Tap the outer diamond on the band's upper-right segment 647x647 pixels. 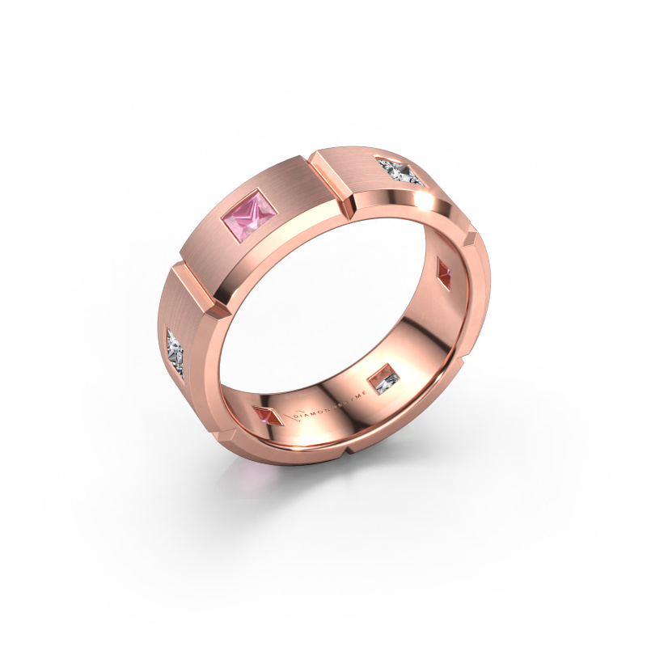tap(402, 172)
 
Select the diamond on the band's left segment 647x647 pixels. tap(176, 351)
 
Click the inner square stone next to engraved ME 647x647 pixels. tap(383, 378)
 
